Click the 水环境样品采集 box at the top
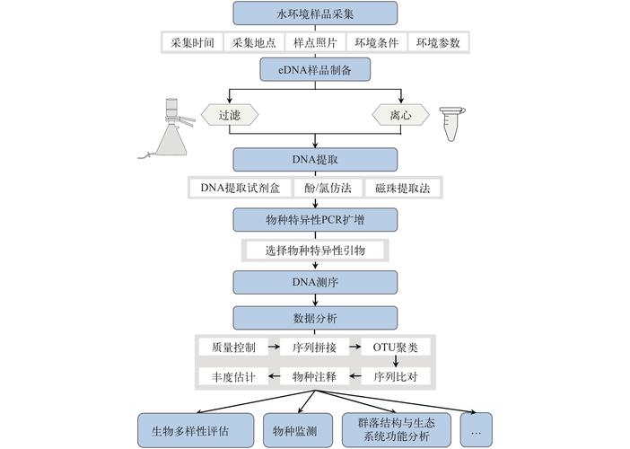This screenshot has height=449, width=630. [315, 13]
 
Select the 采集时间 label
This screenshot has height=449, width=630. [190, 42]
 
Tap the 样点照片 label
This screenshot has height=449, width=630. [315, 42]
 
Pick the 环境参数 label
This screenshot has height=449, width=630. [438, 42]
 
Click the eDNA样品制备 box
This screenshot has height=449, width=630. [315, 70]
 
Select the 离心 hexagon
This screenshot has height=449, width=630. [399, 115]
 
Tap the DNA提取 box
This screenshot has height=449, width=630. [315, 159]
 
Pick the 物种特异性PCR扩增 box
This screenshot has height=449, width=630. [315, 219]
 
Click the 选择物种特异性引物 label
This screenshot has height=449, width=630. [315, 250]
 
